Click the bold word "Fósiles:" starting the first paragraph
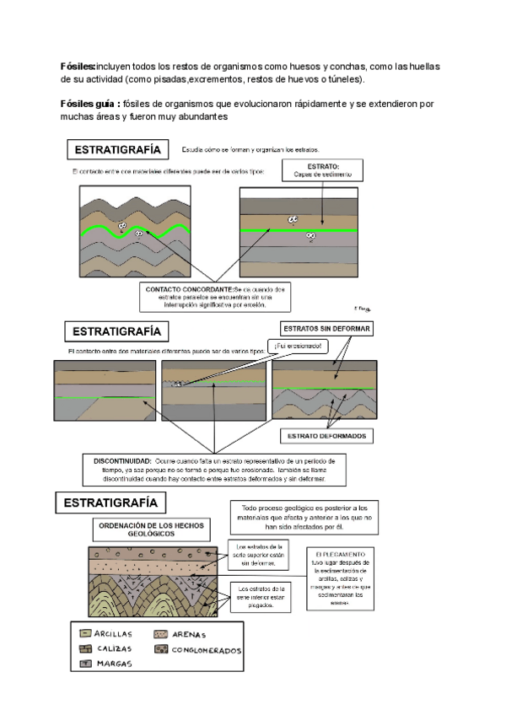(78, 66)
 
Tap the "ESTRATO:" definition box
(324, 170)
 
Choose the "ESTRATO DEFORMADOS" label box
(326, 436)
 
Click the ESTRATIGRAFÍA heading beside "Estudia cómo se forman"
(130, 150)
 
